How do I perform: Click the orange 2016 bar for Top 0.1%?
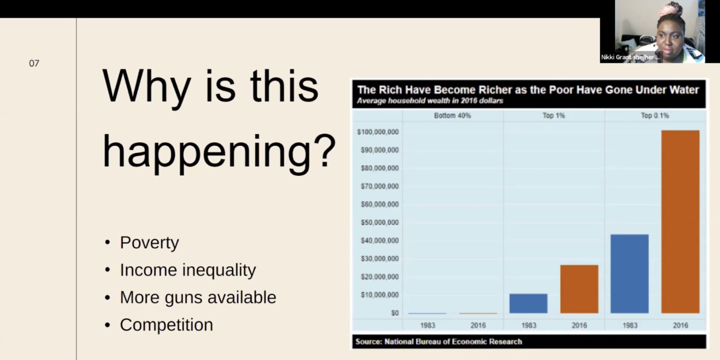click(680, 222)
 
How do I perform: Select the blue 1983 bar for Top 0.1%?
click(630, 273)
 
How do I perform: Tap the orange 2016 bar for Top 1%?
click(579, 289)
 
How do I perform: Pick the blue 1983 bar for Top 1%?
click(529, 303)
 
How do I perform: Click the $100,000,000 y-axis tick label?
click(378, 132)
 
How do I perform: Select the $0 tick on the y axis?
click(395, 313)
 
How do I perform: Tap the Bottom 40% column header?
click(452, 116)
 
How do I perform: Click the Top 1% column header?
click(554, 116)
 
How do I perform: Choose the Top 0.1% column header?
click(655, 116)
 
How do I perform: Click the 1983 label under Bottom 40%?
click(428, 325)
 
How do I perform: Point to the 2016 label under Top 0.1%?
click(680, 325)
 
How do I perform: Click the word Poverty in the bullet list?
click(150, 243)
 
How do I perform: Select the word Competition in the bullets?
click(166, 325)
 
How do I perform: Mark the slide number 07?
click(34, 63)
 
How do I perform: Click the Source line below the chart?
click(439, 342)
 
